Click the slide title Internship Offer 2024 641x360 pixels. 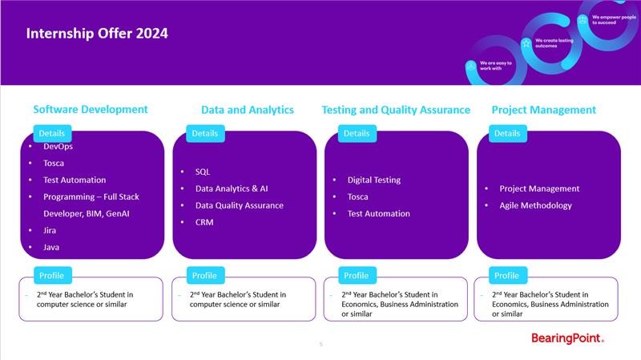[97, 33]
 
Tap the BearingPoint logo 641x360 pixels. [567, 338]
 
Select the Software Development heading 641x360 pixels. [91, 109]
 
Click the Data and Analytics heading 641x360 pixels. [248, 110]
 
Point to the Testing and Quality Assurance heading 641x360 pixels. [396, 110]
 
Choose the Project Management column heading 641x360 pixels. [544, 110]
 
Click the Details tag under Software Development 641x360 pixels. [52, 133]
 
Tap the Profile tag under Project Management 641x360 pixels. [507, 275]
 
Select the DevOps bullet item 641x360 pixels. [58, 146]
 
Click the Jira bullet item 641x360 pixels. [50, 230]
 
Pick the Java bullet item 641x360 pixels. [51, 247]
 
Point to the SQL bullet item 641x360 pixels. [203, 172]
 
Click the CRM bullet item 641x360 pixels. [204, 222]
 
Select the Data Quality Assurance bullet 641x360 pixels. [239, 205]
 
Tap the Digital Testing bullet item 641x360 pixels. [374, 180]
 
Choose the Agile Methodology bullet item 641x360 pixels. [535, 205]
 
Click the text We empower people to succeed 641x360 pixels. [614, 19]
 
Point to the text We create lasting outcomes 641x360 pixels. [554, 43]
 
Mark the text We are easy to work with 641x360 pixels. [496, 66]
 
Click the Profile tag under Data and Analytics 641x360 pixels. [204, 275]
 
